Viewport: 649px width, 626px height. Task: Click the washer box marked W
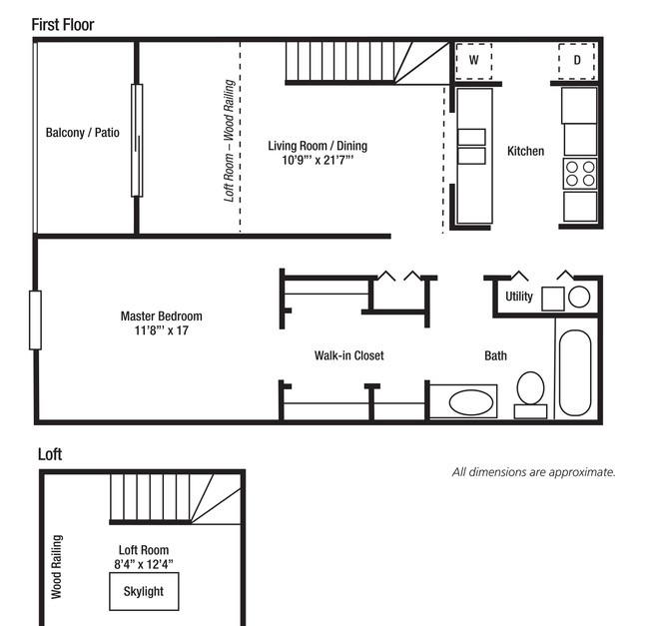tap(474, 61)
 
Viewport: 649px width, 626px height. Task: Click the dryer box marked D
tap(576, 61)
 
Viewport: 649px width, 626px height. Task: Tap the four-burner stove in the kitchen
tap(580, 174)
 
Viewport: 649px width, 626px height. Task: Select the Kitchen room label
tap(525, 151)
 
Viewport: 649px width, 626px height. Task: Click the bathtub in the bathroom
tap(575, 372)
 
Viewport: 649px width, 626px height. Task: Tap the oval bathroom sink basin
tap(471, 402)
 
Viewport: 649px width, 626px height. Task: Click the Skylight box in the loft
tap(144, 591)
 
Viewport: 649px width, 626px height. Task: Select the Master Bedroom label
tap(162, 316)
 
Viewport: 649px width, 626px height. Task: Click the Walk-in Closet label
tap(348, 355)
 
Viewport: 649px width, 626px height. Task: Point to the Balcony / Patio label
tap(82, 133)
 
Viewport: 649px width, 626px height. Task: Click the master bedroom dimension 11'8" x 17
tap(162, 330)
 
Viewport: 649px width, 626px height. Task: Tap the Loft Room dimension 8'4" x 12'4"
tap(144, 564)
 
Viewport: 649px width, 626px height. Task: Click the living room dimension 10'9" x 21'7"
tap(318, 160)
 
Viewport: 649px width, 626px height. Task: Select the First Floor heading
tap(63, 25)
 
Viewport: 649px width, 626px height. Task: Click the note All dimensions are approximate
tap(534, 472)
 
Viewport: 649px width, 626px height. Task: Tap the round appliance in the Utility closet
tap(579, 297)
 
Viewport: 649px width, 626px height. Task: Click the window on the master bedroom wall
tap(35, 320)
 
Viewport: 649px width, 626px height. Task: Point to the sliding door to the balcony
tap(137, 140)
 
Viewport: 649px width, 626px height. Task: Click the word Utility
tap(519, 297)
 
